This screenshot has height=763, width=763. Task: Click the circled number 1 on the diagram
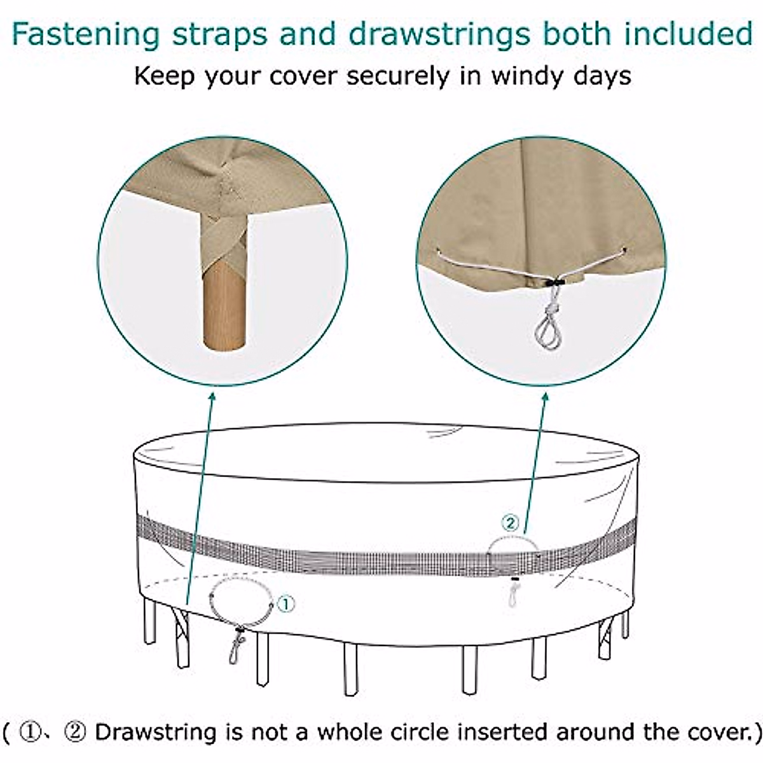pos(285,603)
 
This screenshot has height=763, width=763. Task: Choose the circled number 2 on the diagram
pos(511,523)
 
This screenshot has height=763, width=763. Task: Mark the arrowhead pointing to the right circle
pos(546,398)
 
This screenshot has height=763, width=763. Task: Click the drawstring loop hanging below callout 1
pos(236,649)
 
